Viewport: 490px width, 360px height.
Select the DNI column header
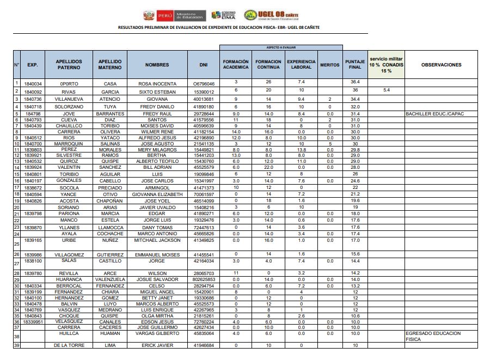204,65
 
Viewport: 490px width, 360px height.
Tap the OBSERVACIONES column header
441,65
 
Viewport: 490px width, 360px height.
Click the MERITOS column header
329,65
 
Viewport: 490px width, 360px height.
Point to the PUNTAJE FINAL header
355,65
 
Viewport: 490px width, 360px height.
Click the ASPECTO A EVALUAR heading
281,47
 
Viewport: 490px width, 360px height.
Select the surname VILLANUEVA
69,99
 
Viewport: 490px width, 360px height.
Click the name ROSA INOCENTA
157,84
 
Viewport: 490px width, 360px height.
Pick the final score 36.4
355,82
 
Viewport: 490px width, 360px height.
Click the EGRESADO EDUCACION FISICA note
433,335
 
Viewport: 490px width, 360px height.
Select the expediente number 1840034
33,84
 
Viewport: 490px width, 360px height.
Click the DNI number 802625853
204,279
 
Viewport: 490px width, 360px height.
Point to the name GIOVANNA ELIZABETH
157,194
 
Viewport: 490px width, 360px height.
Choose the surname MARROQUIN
69,143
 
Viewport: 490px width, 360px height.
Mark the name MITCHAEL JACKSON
157,240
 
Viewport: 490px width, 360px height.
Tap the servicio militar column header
387,64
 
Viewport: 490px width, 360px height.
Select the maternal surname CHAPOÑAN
110,201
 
